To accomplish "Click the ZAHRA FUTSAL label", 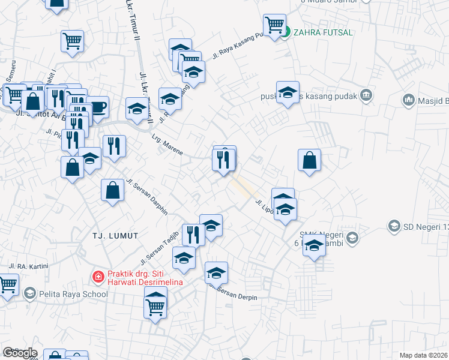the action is [x=315, y=32].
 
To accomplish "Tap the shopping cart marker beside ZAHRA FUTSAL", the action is [x=274, y=26].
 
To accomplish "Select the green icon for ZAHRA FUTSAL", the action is [x=286, y=32].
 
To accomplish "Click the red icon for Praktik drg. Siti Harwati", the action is [x=96, y=277].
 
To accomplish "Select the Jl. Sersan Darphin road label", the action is [x=146, y=196].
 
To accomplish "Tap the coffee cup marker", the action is [x=97, y=107].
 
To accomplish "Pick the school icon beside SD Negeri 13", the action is [x=394, y=226].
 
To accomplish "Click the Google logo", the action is [x=20, y=353].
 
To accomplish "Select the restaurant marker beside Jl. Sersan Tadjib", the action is [x=193, y=234].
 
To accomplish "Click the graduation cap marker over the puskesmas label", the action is [x=288, y=92].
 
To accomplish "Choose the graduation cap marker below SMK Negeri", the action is [x=314, y=245].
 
